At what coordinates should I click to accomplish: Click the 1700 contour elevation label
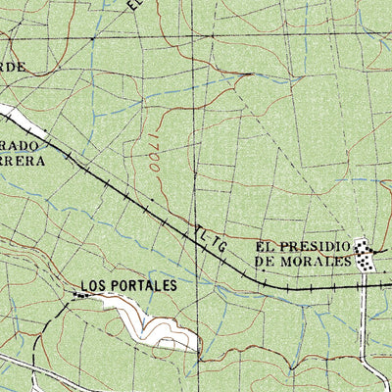[x=155, y=156]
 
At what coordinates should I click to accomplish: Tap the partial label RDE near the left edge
[x=12, y=67]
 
